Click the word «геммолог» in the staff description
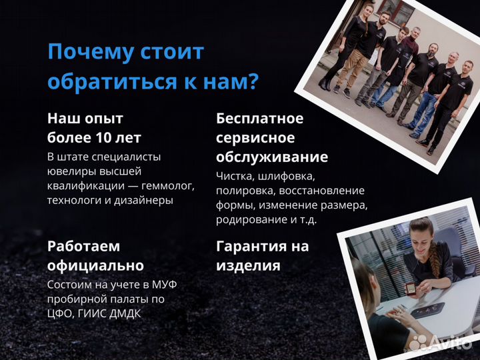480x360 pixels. [x=167, y=185]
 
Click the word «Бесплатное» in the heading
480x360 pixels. [x=259, y=119]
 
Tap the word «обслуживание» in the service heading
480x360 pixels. [x=272, y=157]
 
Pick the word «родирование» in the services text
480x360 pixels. [x=246, y=219]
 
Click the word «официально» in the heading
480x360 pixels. [x=95, y=265]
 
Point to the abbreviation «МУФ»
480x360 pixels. [x=170, y=285]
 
